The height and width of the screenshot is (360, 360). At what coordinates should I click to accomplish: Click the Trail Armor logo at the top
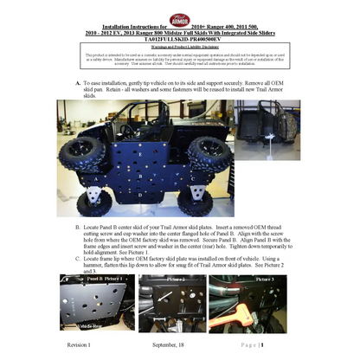pyautogui.click(x=179, y=19)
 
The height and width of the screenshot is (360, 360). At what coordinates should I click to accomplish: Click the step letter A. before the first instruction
pyautogui.click(x=78, y=83)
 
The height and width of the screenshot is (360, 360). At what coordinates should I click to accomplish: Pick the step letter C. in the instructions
pyautogui.click(x=78, y=247)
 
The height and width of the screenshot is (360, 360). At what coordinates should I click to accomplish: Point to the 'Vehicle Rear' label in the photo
pyautogui.click(x=86, y=326)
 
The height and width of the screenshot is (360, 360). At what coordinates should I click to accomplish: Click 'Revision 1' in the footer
pyautogui.click(x=78, y=344)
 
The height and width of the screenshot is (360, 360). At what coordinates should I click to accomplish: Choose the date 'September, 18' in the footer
pyautogui.click(x=169, y=344)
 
